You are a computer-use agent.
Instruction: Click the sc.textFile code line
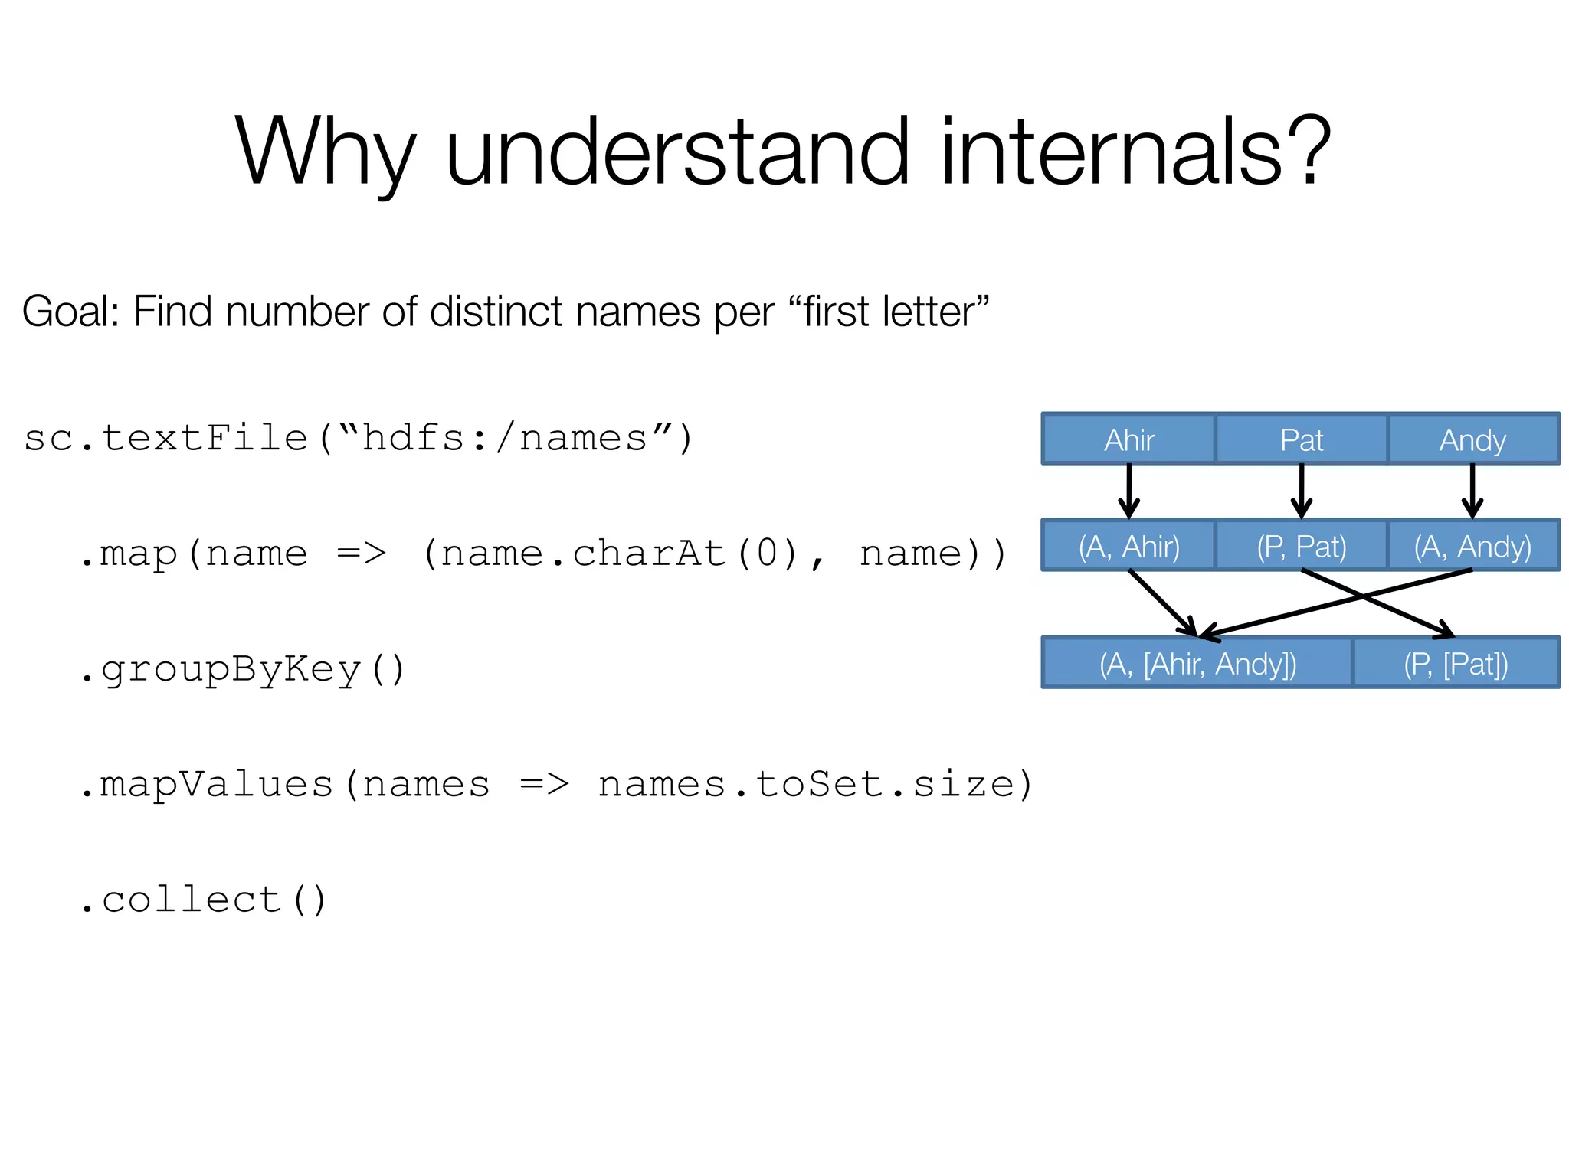(359, 439)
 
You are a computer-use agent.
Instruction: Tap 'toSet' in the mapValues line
(818, 784)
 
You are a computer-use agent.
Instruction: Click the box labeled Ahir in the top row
(1128, 439)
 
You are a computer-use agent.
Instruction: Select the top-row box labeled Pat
(1301, 439)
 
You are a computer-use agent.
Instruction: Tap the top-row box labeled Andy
(1472, 439)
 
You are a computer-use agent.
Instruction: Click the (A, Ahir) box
(1128, 546)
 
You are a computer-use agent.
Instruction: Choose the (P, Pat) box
(1301, 546)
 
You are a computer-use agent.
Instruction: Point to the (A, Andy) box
(1472, 546)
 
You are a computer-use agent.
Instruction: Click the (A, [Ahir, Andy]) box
(1197, 663)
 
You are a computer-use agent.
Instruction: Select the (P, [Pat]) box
(1456, 663)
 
